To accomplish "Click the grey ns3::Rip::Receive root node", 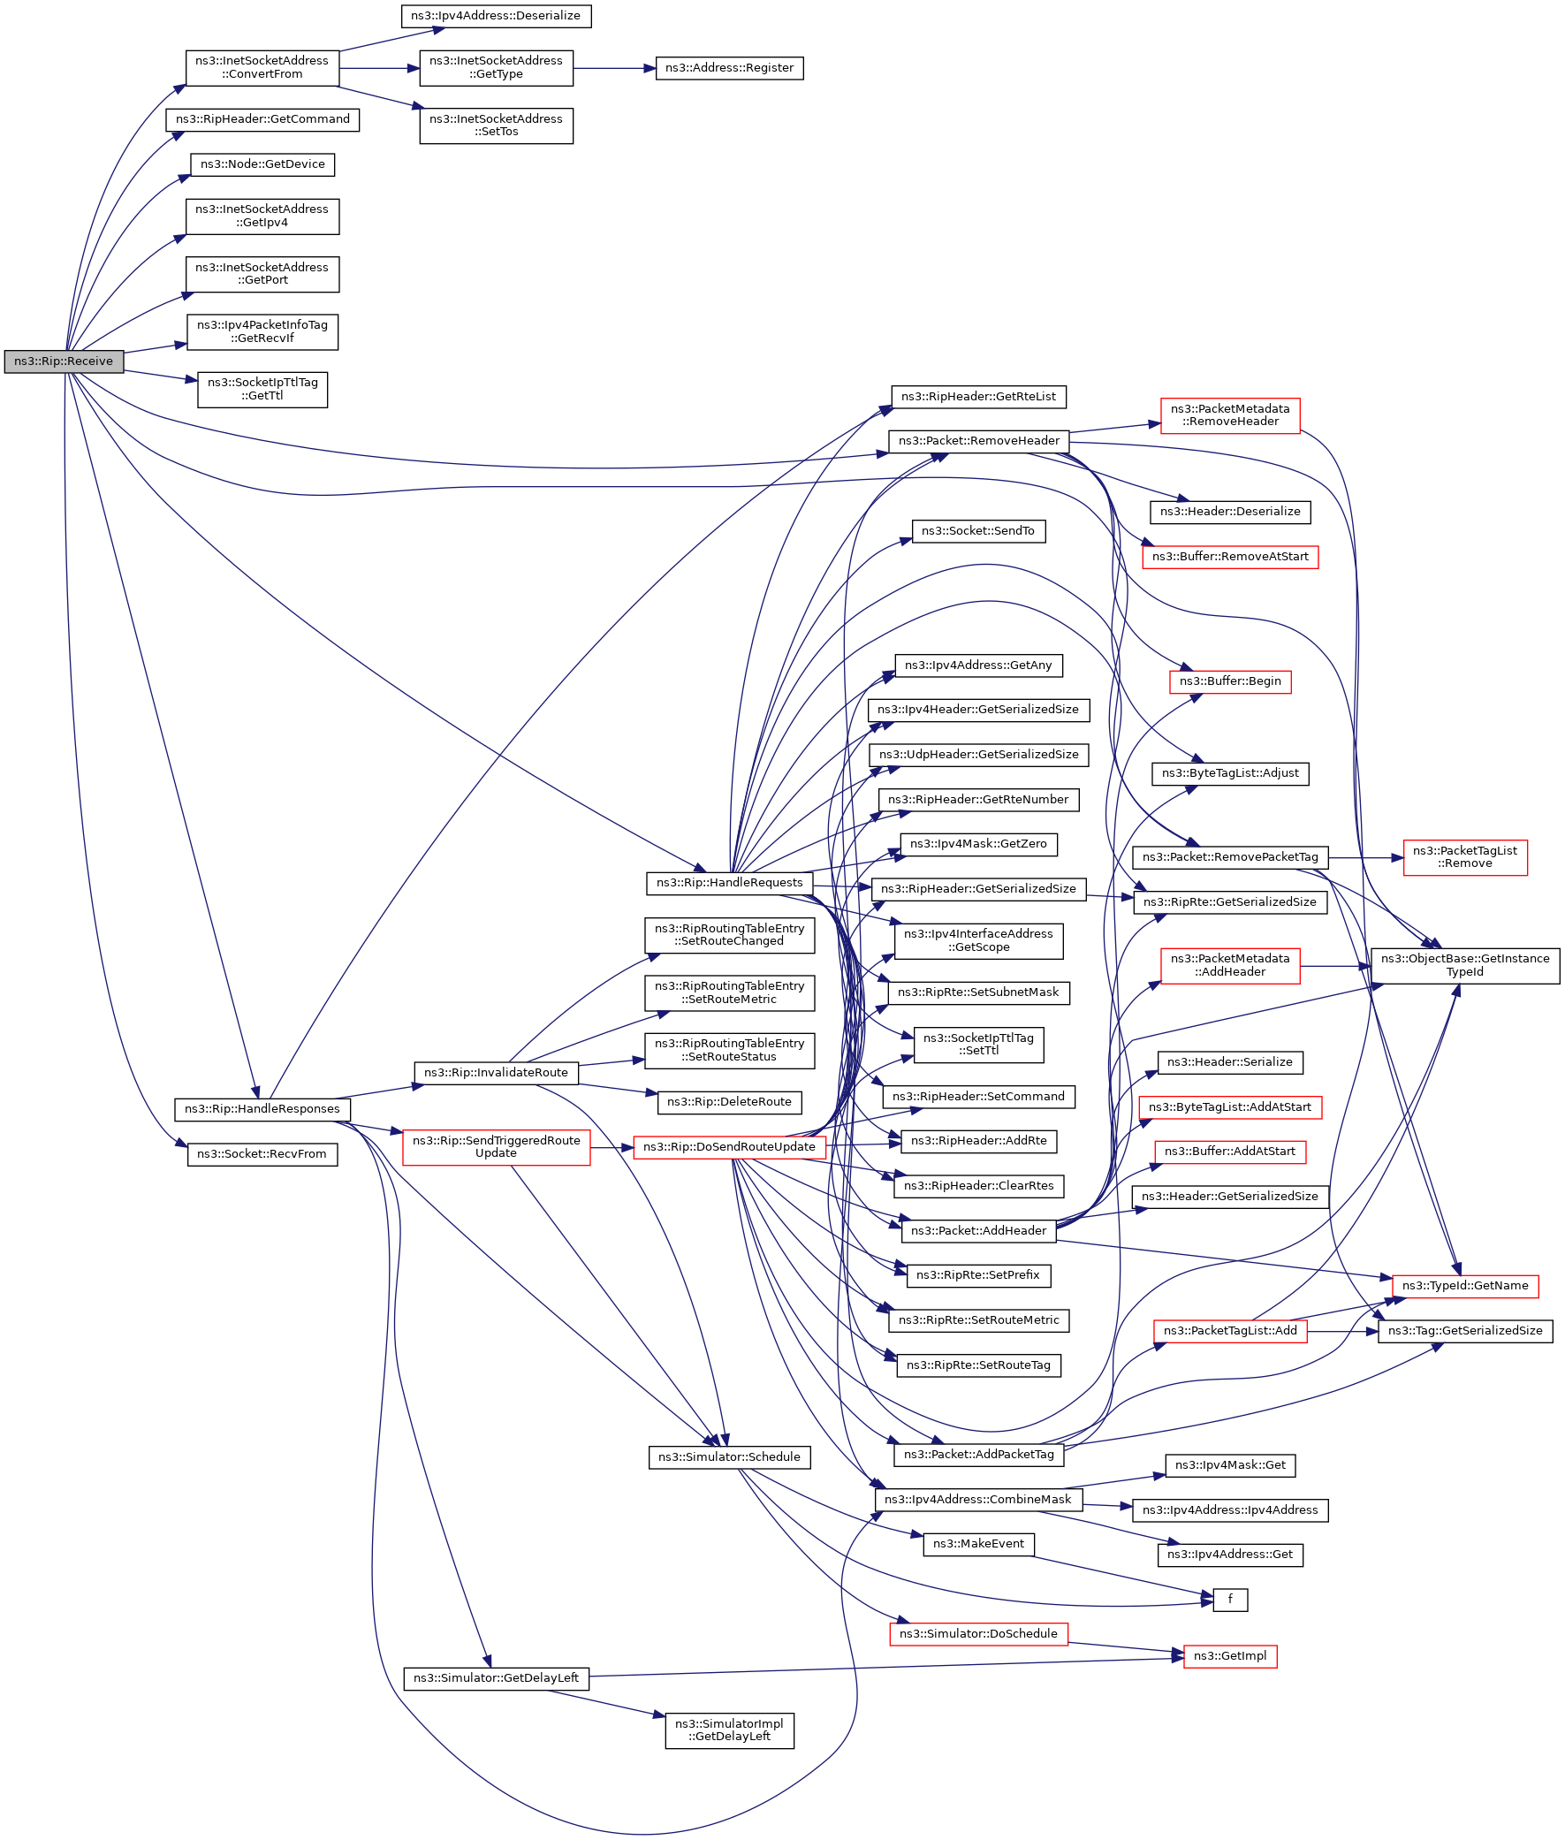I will [x=63, y=362].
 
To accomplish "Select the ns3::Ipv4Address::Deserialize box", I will [x=496, y=16].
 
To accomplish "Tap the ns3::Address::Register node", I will [x=729, y=68].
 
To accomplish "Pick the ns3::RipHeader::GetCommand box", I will [x=262, y=120].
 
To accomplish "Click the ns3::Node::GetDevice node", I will [x=262, y=165].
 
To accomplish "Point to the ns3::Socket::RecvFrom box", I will [x=262, y=1154].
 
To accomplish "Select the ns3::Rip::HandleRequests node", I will [x=729, y=883].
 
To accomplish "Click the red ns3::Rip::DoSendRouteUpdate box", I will [x=729, y=1147].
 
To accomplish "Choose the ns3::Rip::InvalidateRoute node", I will [x=496, y=1073].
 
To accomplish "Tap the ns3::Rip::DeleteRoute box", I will [x=729, y=1102].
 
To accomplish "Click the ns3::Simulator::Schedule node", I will [x=729, y=1456].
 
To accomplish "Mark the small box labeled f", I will [x=1230, y=1600].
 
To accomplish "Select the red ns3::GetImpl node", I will [x=1230, y=1655].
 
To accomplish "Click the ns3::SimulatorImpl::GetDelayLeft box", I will [x=729, y=1730].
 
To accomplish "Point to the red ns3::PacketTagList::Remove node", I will [x=1465, y=857].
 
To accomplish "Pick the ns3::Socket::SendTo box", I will [x=977, y=531].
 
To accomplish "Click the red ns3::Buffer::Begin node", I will [x=1230, y=681].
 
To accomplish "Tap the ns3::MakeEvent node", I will [x=977, y=1544].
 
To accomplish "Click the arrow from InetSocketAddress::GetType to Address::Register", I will [x=614, y=68].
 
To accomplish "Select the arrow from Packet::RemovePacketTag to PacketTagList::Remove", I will [x=1365, y=858].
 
